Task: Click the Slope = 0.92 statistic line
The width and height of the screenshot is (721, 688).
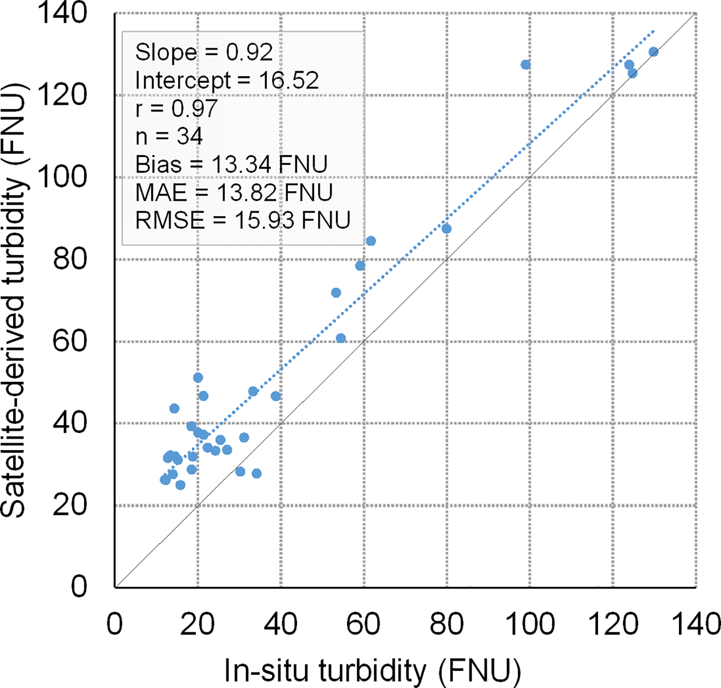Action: (204, 52)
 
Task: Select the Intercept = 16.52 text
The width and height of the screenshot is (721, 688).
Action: (227, 81)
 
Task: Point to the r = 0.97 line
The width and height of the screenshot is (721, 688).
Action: (176, 108)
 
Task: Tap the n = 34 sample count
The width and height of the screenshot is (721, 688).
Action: (169, 136)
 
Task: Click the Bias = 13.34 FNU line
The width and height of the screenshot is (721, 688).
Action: (231, 165)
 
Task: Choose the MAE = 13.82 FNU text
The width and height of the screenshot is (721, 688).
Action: (234, 193)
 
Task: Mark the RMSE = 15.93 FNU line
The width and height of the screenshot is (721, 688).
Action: (243, 221)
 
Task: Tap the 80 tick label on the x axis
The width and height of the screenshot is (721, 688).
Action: (446, 624)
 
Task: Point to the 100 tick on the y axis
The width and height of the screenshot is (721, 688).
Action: (62, 177)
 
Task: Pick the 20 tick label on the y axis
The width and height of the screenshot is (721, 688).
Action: (70, 505)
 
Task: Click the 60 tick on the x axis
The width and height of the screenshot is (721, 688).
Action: (363, 624)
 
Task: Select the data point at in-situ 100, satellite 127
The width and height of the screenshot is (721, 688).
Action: (526, 64)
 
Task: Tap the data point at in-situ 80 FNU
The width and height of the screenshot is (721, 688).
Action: (446, 229)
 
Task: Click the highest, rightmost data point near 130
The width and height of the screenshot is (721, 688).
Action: (654, 52)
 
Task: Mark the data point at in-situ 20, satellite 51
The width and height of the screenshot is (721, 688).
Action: (198, 377)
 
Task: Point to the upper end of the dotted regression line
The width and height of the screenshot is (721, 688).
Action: (654, 31)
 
